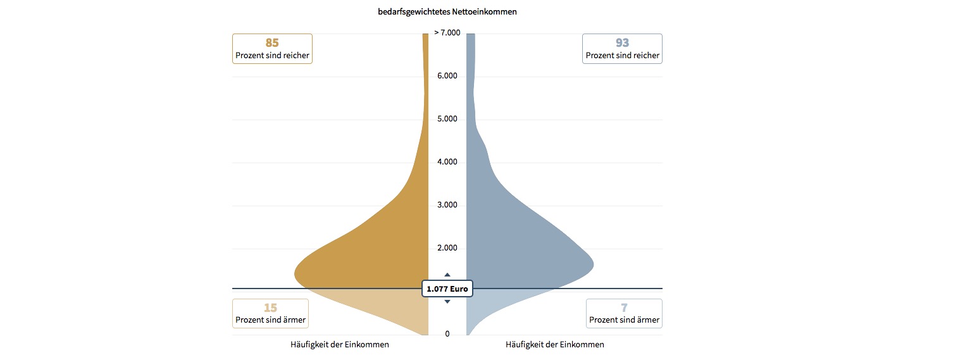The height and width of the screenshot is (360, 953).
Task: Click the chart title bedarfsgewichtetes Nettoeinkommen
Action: click(447, 11)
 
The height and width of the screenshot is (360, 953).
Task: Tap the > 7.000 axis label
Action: click(447, 33)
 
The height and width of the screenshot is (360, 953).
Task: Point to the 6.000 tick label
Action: click(447, 76)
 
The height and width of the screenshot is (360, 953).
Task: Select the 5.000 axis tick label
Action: click(447, 120)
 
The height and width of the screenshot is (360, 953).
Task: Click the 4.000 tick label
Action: click(447, 163)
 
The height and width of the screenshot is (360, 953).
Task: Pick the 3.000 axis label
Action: click(447, 206)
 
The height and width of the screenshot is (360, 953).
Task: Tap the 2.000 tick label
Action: click(447, 248)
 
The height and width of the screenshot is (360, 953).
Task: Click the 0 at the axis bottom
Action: click(447, 334)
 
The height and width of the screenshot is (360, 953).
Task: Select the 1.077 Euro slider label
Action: click(447, 289)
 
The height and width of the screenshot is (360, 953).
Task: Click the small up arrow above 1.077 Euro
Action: click(447, 275)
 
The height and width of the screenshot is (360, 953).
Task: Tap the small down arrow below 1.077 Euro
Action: click(447, 302)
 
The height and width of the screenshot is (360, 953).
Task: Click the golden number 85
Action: click(272, 43)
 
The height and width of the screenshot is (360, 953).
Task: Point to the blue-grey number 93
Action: click(622, 43)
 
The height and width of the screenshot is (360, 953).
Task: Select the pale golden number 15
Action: click(270, 308)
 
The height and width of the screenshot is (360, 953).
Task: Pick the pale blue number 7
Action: click(624, 308)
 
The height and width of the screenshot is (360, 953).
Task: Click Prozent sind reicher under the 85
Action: click(272, 56)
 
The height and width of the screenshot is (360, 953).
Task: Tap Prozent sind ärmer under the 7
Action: click(624, 320)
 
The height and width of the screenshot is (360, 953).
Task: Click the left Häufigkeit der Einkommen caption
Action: click(340, 345)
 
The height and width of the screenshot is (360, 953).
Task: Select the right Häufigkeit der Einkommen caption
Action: click(555, 345)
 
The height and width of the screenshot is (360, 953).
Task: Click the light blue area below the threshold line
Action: click(500, 304)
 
